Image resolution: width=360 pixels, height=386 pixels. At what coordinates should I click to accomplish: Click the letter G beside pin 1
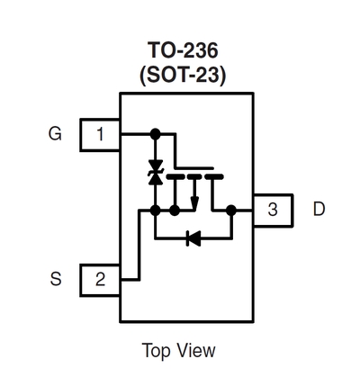tap(55, 133)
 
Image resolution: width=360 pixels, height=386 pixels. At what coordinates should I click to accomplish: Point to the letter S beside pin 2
tap(56, 279)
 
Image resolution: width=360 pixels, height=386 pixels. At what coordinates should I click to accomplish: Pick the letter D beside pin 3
tap(319, 209)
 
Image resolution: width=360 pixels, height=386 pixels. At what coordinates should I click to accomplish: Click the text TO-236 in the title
tap(183, 50)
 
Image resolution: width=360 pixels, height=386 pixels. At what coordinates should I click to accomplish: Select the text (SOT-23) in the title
tap(183, 75)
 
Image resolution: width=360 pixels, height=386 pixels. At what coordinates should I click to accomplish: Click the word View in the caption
tap(196, 350)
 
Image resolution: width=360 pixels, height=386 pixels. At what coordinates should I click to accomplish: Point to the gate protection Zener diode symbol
tap(156, 172)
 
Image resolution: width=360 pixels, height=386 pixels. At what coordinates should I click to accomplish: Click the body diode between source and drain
tap(193, 238)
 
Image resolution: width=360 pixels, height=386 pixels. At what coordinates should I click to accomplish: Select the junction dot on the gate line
tap(156, 134)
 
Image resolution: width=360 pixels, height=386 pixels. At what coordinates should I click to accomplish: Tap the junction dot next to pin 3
tap(231, 211)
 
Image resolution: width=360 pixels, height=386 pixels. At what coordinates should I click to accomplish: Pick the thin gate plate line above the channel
tap(194, 168)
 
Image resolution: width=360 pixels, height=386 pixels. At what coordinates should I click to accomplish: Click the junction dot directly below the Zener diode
tap(156, 211)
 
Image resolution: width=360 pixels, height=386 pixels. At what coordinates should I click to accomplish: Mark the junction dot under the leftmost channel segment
tap(175, 211)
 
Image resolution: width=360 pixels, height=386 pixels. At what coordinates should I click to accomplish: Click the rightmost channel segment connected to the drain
tap(214, 176)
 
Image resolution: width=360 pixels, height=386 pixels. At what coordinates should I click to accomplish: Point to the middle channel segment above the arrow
tap(195, 176)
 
